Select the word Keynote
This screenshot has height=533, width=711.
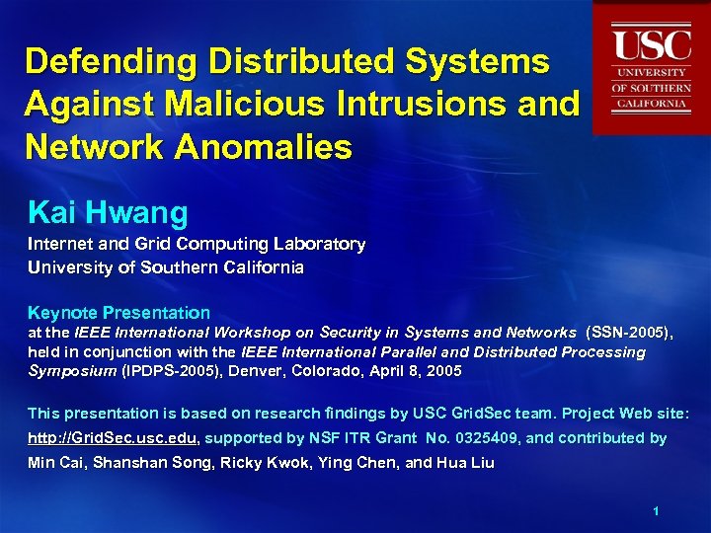(60, 313)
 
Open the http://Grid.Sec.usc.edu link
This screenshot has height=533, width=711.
(113, 437)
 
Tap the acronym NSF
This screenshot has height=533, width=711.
(334, 437)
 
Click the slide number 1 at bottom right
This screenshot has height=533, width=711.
(655, 510)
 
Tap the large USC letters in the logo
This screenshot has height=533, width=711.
(650, 45)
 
